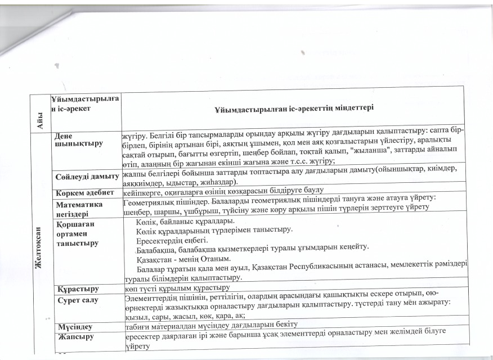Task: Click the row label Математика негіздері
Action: click(78, 203)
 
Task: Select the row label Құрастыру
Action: click(77, 289)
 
